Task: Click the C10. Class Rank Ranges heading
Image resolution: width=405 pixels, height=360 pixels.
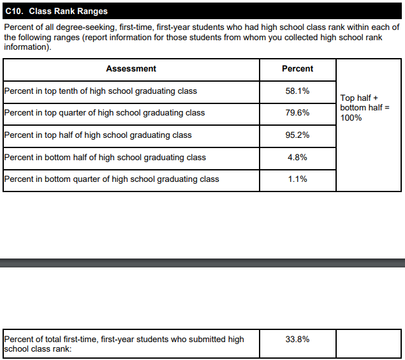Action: (55, 11)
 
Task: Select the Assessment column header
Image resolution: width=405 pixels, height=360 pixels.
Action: (131, 69)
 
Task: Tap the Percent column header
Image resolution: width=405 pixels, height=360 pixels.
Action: (297, 69)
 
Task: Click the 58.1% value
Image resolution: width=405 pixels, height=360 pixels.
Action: (297, 91)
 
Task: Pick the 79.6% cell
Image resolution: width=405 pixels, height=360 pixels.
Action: (297, 113)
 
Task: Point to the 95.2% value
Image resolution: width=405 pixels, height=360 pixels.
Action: (297, 135)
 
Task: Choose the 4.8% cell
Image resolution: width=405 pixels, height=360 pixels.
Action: (297, 157)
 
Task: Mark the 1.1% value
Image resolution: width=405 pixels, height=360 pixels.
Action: (297, 179)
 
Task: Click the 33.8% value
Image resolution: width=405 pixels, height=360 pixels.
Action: (297, 340)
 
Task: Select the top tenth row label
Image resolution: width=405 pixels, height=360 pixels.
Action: (101, 91)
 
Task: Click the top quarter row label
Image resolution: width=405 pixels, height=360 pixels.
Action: (105, 113)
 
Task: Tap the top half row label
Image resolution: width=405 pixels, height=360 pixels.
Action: (98, 135)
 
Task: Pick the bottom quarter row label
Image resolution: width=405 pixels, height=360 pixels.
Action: (112, 179)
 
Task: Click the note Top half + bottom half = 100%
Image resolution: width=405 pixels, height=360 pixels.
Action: (364, 108)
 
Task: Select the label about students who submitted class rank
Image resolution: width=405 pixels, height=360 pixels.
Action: (124, 344)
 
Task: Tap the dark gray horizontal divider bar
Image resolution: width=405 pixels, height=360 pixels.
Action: (202, 263)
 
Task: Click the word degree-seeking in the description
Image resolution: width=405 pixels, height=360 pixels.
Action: (85, 27)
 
